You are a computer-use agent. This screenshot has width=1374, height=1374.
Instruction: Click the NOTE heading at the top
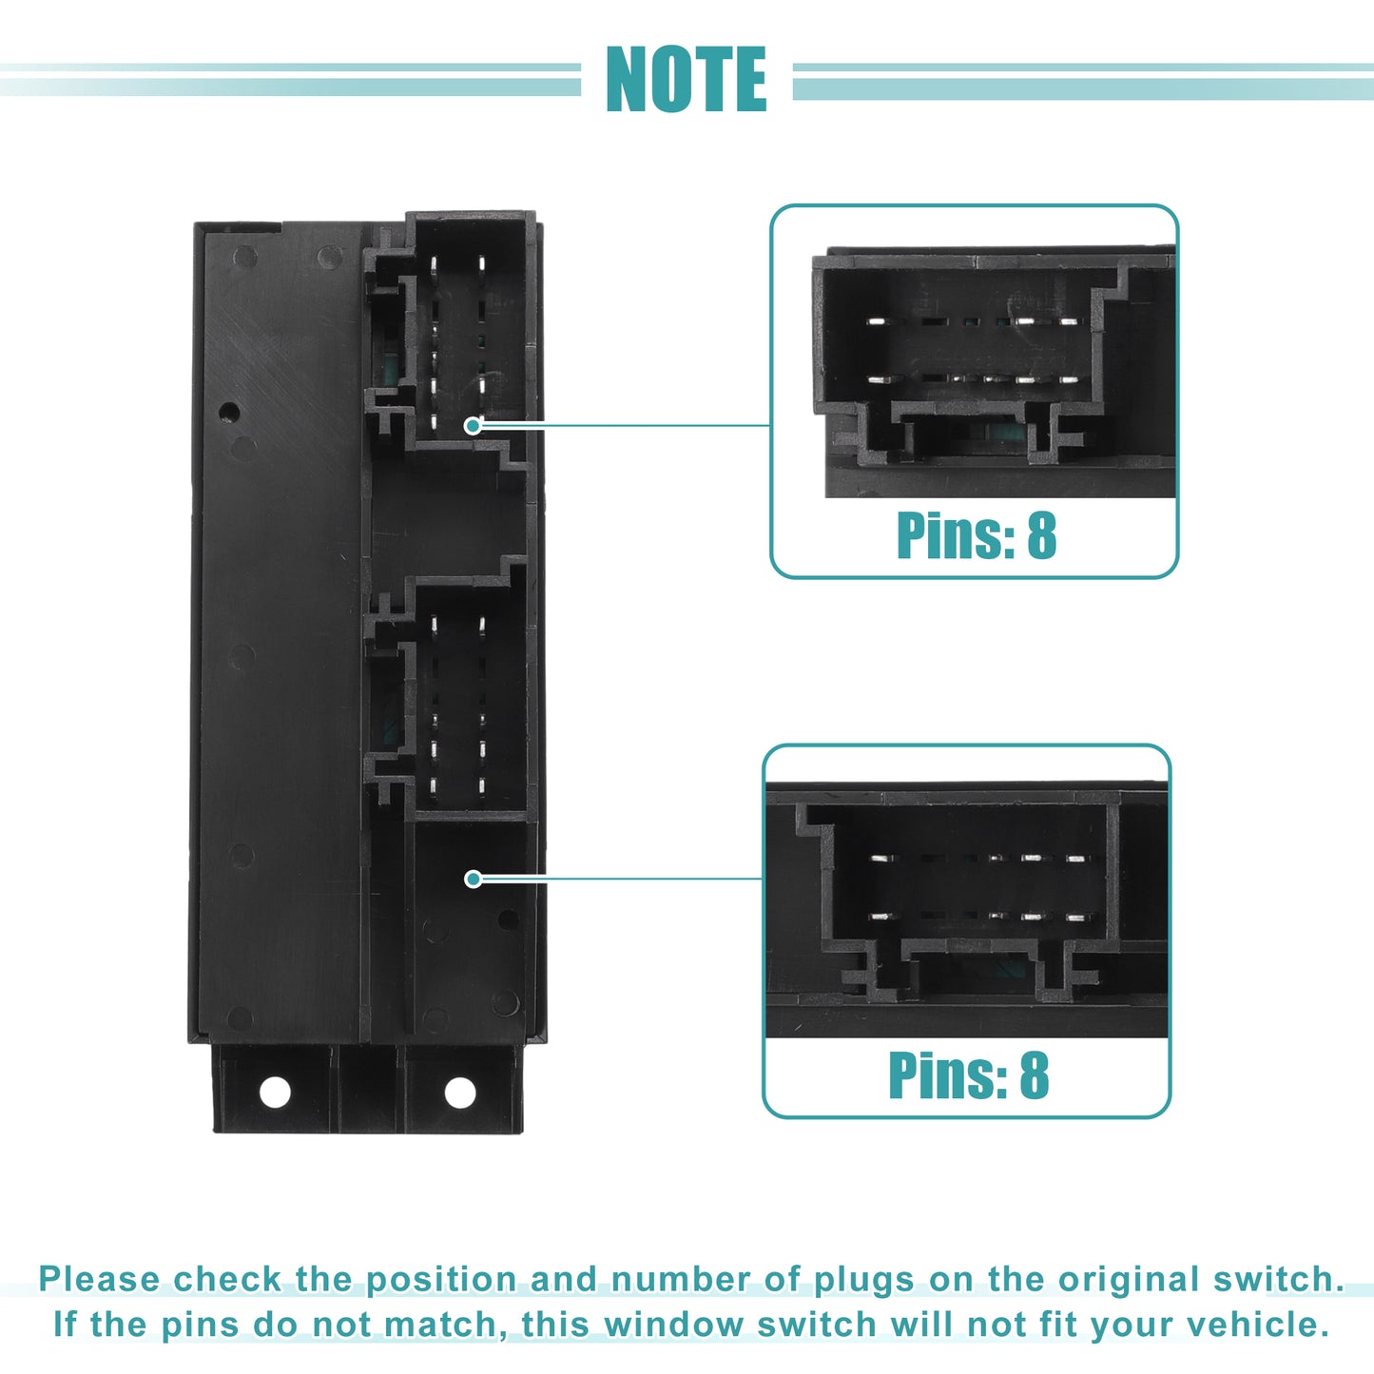[x=686, y=79]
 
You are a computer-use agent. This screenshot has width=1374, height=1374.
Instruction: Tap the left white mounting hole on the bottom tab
[x=275, y=1092]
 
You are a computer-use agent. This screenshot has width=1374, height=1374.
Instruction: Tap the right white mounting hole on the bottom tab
[x=460, y=1093]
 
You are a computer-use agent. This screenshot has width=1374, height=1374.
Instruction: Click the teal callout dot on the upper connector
[x=472, y=426]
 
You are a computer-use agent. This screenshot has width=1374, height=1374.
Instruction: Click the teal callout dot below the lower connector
[x=473, y=880]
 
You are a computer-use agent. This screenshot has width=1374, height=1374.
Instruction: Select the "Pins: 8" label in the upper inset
[x=977, y=535]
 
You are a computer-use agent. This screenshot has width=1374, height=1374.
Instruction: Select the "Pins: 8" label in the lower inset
[x=968, y=1075]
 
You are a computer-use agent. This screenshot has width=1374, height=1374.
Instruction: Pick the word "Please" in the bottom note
[x=99, y=1279]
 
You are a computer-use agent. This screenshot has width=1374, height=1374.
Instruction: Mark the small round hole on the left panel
[x=229, y=412]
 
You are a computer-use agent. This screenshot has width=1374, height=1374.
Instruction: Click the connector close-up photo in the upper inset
[x=994, y=372]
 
